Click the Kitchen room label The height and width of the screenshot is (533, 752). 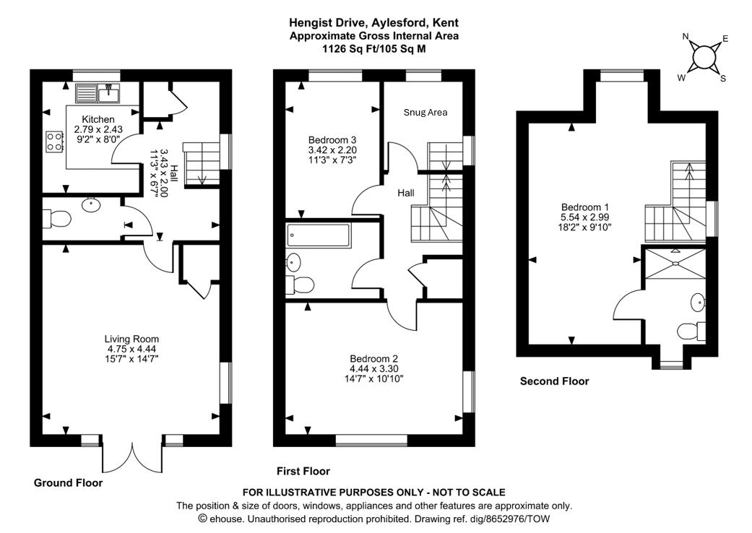pos(98,119)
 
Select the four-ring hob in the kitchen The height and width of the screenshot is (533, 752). pos(54,141)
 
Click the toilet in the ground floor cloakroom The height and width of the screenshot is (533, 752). pos(55,217)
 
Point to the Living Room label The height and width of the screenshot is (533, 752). pos(131,339)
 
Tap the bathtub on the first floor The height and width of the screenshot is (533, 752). pos(319,235)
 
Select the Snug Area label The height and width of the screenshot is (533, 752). pos(425,113)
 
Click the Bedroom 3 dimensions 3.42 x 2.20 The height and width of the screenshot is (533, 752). pos(332,149)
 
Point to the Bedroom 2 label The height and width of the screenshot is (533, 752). pos(373,359)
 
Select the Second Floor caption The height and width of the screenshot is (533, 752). pos(554,381)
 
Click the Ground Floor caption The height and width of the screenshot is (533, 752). pos(68,483)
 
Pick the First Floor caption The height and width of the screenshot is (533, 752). pos(303,471)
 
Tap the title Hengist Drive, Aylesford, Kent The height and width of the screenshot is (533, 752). pos(373,23)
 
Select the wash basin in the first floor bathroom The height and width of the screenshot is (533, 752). pos(294,261)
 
